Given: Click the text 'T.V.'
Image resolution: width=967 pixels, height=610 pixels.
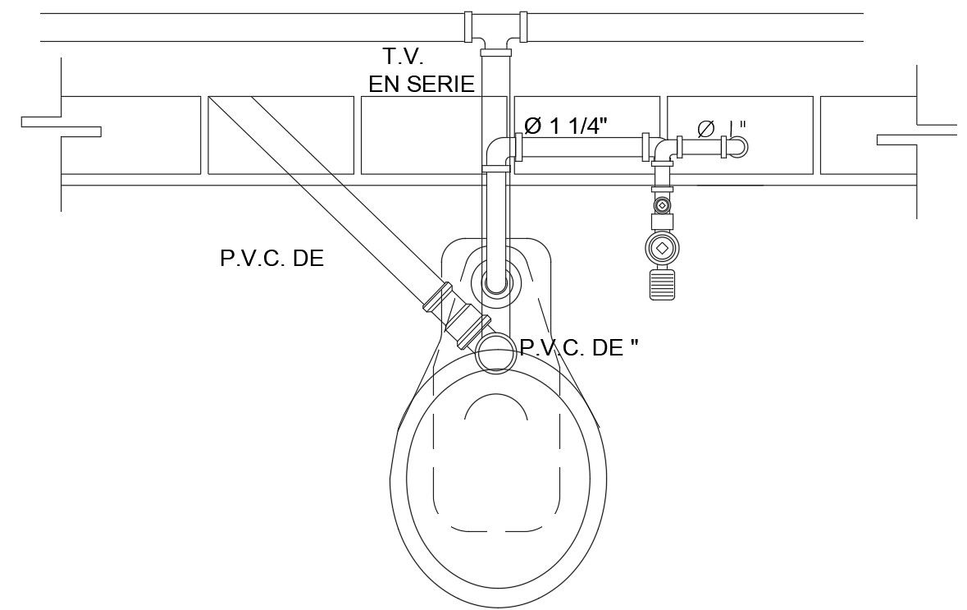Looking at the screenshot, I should (403, 57).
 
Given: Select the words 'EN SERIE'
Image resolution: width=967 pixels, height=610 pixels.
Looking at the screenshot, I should (421, 83).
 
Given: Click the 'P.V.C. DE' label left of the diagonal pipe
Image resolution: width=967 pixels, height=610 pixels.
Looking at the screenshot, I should (271, 259).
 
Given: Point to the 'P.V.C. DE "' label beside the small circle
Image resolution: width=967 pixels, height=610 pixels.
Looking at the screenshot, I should (579, 347).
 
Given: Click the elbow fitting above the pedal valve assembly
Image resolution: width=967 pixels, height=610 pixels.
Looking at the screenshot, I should (664, 151).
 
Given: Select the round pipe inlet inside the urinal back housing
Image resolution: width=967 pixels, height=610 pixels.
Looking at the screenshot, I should (495, 281).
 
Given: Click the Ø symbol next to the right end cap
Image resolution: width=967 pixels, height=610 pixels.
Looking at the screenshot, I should (705, 128).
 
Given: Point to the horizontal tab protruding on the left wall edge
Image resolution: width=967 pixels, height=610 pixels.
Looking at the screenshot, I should (62, 126).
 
